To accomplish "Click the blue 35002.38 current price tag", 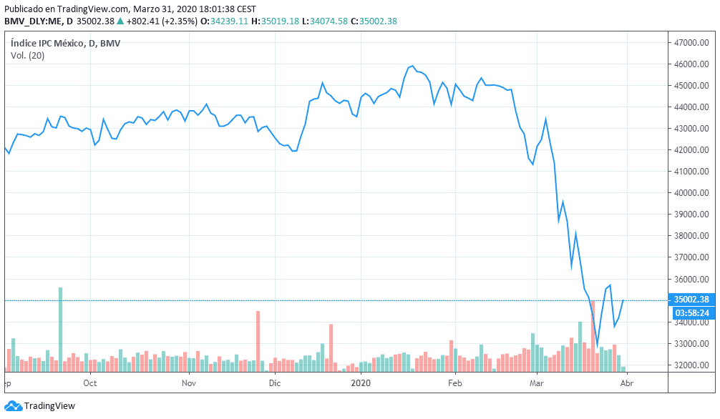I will (691, 300).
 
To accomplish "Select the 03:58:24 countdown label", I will (691, 312).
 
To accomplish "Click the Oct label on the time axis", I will (90, 383).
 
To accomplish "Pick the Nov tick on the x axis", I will (189, 383).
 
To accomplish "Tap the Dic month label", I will (275, 383).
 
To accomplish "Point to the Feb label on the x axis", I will (454, 383).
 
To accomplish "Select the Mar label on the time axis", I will (537, 383).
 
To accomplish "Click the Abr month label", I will (627, 383).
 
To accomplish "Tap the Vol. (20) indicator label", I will (27, 56).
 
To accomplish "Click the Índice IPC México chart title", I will (65, 44).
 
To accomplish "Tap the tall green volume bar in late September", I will (61, 329).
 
